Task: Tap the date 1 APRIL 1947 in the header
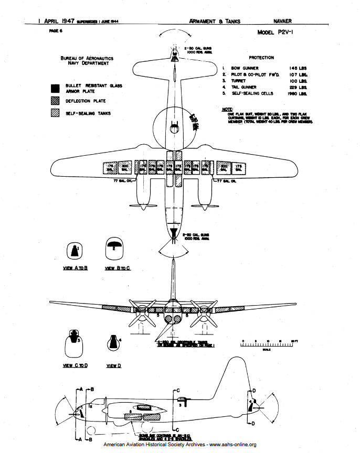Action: tap(56, 21)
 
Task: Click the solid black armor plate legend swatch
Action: tap(55, 88)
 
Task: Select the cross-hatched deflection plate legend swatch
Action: tap(55, 100)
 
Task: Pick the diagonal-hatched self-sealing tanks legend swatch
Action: tap(55, 113)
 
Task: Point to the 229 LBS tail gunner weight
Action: tap(297, 87)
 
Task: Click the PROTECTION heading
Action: tap(261, 57)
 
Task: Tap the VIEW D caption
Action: tap(114, 365)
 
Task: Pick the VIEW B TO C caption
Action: tap(117, 268)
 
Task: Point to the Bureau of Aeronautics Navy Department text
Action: tap(87, 61)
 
